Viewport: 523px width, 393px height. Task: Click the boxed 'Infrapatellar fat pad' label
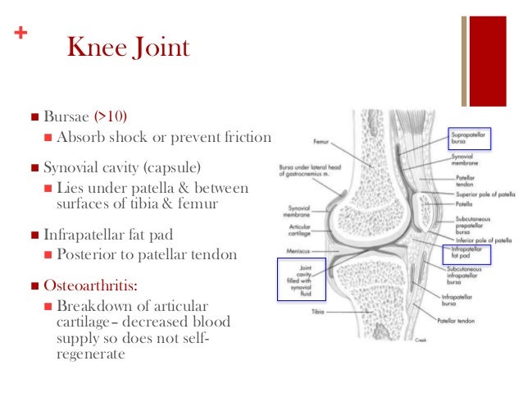(x=467, y=248)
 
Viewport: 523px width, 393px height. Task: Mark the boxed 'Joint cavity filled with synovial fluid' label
(x=302, y=280)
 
